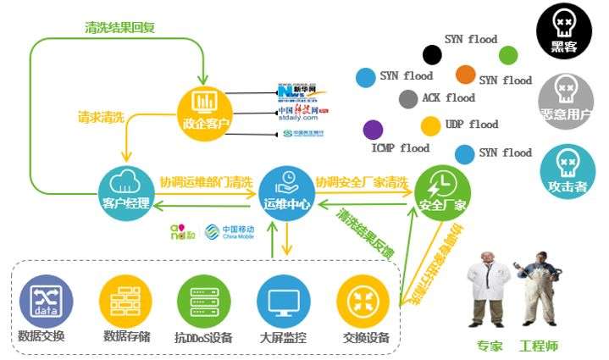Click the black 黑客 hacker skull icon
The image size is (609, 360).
566,31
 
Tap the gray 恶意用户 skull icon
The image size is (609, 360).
567,96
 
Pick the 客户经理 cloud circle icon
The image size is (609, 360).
126,186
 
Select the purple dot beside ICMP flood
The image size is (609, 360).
372,130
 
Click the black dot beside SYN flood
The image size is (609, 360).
432,55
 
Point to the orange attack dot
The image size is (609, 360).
465,74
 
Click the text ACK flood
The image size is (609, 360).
448,98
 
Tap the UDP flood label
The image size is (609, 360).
472,125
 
